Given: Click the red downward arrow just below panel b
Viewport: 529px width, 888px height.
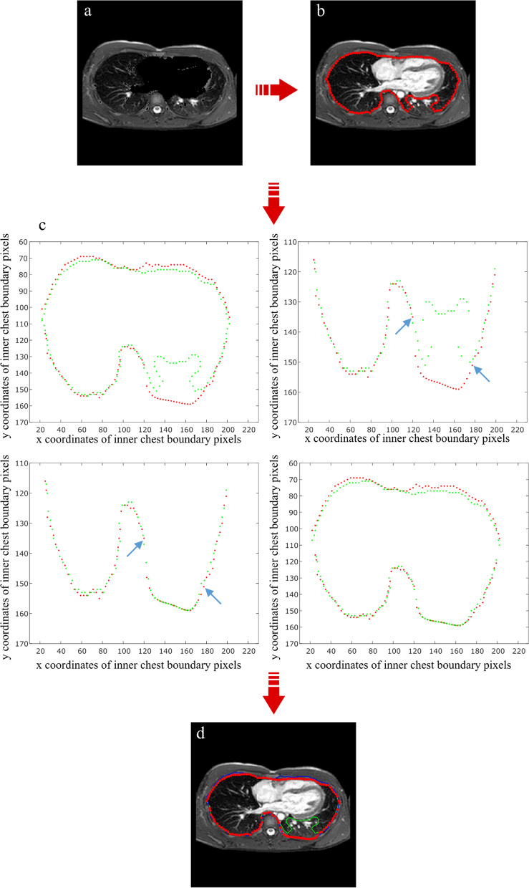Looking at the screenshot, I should point(274,202).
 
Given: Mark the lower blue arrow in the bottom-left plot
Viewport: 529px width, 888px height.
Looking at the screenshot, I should point(213,596).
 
